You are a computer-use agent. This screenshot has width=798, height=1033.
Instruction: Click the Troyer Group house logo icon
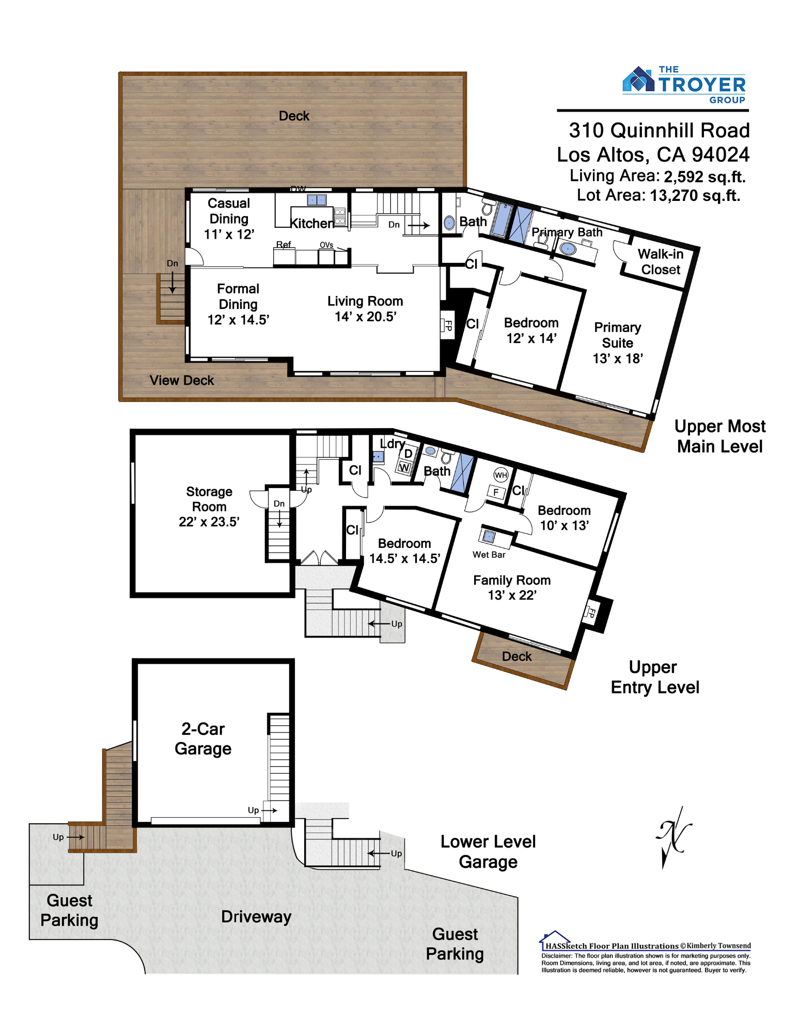639,80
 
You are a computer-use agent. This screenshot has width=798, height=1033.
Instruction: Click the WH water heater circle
500,475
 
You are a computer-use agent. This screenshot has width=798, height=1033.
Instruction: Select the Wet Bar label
489,554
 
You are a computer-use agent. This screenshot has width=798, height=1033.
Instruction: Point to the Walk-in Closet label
660,261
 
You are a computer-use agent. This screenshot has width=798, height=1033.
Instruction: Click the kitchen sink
317,200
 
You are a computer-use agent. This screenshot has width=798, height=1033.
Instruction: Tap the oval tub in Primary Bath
568,248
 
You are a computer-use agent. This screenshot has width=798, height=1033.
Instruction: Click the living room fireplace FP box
447,325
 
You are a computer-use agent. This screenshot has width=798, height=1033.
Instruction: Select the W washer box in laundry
404,468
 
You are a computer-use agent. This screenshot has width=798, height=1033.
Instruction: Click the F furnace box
496,492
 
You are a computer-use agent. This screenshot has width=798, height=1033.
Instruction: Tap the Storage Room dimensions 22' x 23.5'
209,522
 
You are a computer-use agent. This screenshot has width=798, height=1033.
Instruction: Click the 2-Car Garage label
203,739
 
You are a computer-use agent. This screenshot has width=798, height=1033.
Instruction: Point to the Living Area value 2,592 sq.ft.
705,177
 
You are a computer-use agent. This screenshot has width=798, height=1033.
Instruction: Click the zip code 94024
721,154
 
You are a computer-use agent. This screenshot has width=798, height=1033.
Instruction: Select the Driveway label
256,917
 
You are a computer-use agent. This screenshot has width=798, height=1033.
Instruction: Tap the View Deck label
181,380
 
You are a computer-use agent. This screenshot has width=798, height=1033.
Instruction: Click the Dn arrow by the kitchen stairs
418,225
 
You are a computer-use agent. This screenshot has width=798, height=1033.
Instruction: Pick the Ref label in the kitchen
283,244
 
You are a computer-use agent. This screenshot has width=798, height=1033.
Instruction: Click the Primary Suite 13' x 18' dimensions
617,358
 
